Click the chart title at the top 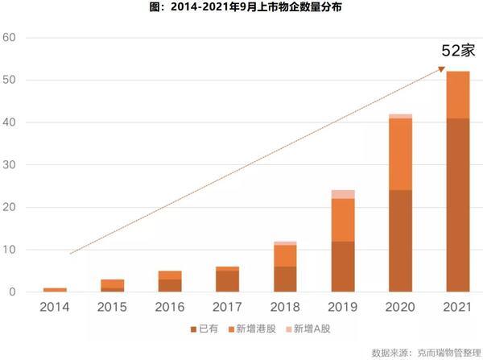pyautogui.click(x=241, y=10)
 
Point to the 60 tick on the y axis pyautogui.click(x=10, y=38)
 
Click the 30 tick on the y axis pyautogui.click(x=10, y=165)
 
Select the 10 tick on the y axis pyautogui.click(x=10, y=250)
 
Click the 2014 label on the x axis pyautogui.click(x=55, y=307)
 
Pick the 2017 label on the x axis pyautogui.click(x=228, y=307)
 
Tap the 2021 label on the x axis pyautogui.click(x=458, y=307)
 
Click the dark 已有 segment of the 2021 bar pyautogui.click(x=458, y=205)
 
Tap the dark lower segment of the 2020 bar pyautogui.click(x=400, y=241)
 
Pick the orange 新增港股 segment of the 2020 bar pyautogui.click(x=400, y=154)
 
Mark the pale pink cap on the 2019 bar pyautogui.click(x=343, y=194)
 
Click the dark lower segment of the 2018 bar pyautogui.click(x=285, y=279)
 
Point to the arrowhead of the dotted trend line pyautogui.click(x=443, y=69)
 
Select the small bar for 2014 pyautogui.click(x=55, y=289)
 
